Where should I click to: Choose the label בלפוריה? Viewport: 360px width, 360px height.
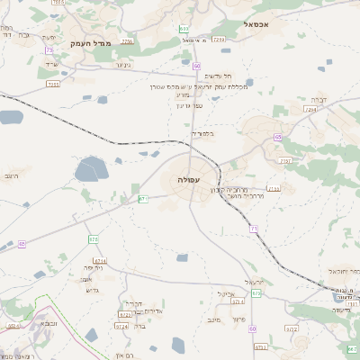coord(202,133)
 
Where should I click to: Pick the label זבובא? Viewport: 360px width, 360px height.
coord(49,322)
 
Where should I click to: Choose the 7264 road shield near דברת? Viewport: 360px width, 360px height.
coord(310,110)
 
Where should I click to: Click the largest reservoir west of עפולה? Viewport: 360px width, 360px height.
coord(90,169)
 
